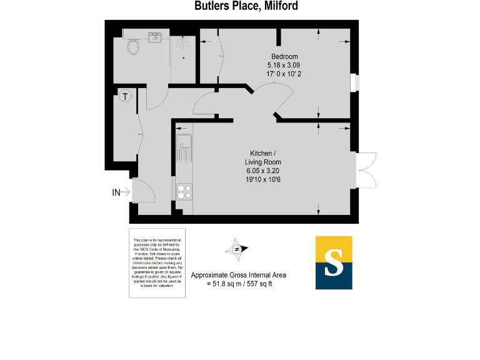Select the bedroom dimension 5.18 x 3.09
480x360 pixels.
pos(284,64)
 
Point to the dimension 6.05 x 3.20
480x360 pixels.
pos(262,170)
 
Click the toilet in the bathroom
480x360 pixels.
pos(132,46)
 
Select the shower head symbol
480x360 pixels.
pos(184,44)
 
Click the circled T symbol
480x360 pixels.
pos(126,96)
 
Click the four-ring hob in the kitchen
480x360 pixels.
pos(184,191)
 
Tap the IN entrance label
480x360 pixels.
pos(116,192)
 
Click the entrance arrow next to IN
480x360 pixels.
pos(126,192)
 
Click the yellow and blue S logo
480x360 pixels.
pos(334,262)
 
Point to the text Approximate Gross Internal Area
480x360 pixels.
pos(239,275)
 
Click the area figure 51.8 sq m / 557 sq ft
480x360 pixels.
pos(239,284)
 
